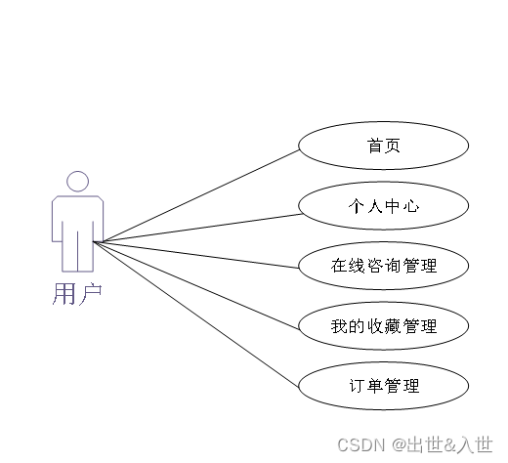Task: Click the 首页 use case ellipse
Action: pyautogui.click(x=384, y=146)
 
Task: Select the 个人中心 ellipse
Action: pyautogui.click(x=384, y=206)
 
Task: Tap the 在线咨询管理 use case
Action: pyautogui.click(x=384, y=266)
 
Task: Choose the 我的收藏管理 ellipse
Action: pyautogui.click(x=384, y=326)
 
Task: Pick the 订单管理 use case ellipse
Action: pyautogui.click(x=384, y=386)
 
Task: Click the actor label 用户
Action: pyautogui.click(x=77, y=294)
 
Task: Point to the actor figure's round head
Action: pyautogui.click(x=77, y=182)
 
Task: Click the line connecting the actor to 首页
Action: pyautogui.click(x=196, y=196)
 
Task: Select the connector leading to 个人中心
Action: pyautogui.click(x=197, y=228)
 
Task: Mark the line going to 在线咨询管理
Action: pyautogui.click(x=196, y=255)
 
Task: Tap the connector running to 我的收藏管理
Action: pyautogui.click(x=196, y=285)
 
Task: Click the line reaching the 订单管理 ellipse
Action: pyautogui.click(x=196, y=315)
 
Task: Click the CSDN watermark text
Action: pyautogui.click(x=360, y=444)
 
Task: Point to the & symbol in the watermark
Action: pyautogui.click(x=449, y=444)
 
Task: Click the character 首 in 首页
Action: pyautogui.click(x=375, y=146)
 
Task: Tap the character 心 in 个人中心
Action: pyautogui.click(x=411, y=206)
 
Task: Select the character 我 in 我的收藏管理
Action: pyautogui.click(x=339, y=326)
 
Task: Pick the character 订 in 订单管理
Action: pyautogui.click(x=357, y=386)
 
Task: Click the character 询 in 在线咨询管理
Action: pyautogui.click(x=393, y=266)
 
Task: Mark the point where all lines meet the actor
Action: pyautogui.click(x=94, y=242)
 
